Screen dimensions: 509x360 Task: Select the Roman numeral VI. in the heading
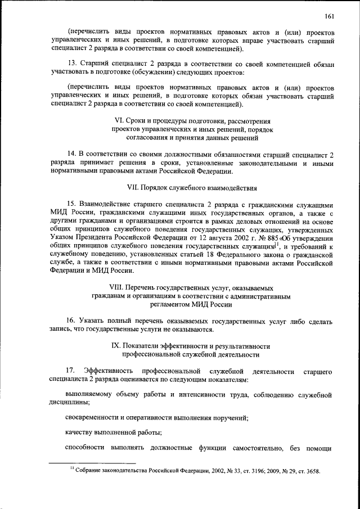pos(119,121)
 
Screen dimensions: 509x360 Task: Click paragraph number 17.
pos(70,371)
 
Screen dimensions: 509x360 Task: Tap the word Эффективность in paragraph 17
pos(108,371)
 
